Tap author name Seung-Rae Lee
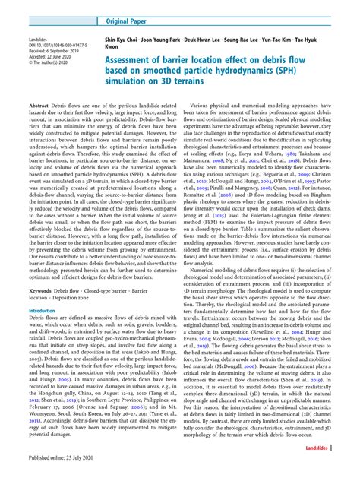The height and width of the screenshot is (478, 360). coord(280,38)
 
